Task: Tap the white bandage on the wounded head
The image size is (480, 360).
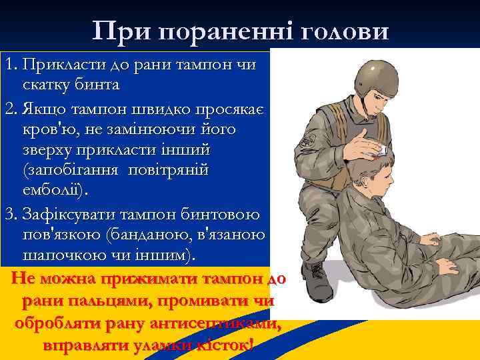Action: [x=381, y=151]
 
